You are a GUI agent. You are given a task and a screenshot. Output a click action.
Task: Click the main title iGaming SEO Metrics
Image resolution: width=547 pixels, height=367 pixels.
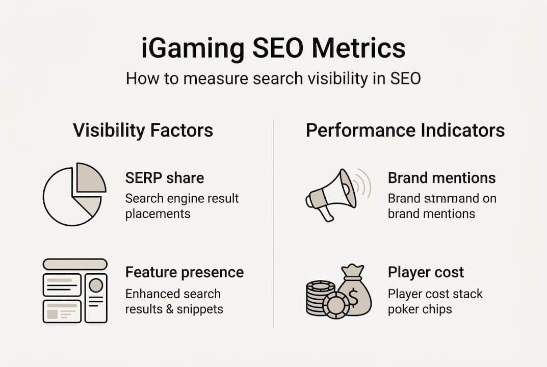(x=273, y=49)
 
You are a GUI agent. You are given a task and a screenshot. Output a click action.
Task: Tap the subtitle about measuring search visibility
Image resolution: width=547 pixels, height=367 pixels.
(x=273, y=79)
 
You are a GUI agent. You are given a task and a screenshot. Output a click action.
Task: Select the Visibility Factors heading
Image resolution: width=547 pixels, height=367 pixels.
(x=143, y=130)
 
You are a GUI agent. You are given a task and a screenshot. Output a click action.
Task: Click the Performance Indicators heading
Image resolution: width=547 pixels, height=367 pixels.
(x=405, y=130)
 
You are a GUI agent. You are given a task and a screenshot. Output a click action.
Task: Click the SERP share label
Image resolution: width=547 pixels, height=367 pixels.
(x=164, y=178)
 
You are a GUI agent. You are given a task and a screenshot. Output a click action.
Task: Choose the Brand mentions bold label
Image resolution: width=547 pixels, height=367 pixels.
(x=441, y=178)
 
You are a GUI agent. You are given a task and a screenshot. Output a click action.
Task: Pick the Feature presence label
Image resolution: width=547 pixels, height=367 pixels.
(x=184, y=272)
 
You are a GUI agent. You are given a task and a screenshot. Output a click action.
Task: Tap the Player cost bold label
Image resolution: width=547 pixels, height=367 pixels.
(x=426, y=272)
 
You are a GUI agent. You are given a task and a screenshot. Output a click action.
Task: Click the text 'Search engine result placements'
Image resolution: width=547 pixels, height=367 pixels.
(x=182, y=205)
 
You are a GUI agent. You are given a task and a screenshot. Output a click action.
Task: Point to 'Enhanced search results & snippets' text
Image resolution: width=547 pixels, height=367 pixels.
(x=174, y=301)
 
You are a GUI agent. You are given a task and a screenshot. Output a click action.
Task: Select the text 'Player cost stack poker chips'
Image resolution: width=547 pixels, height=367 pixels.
(x=435, y=301)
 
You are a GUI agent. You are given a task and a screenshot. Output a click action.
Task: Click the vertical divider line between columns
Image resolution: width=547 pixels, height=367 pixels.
(x=274, y=224)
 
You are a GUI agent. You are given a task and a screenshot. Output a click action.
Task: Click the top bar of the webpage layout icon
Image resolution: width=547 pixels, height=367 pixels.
(x=75, y=264)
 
